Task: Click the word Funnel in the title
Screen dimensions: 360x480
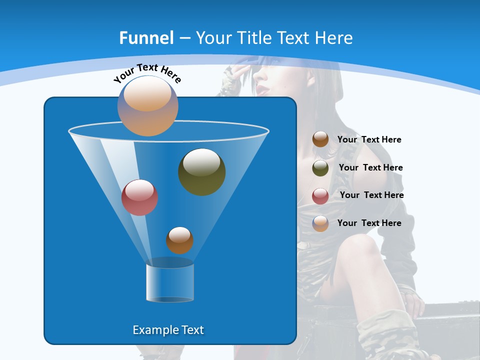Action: pos(146,38)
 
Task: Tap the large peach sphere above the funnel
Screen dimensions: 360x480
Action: pos(148,105)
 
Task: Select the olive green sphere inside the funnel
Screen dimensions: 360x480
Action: pos(202,172)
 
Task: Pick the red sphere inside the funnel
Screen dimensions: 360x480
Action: pos(139,197)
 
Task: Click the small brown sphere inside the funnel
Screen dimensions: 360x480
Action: pos(179,240)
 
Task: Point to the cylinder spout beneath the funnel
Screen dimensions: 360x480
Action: pos(170,282)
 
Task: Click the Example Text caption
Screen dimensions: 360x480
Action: pos(168,330)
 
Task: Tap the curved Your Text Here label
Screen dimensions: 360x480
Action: pos(147,73)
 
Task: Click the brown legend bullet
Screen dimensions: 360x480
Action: pos(320,139)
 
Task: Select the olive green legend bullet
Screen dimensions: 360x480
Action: pos(320,168)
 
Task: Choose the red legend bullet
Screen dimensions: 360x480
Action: pos(320,196)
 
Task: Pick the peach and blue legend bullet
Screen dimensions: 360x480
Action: pos(320,223)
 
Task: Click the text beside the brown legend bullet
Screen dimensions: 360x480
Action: pos(369,140)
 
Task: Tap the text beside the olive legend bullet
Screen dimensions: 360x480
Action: pos(370,168)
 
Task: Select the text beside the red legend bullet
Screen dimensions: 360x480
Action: pos(371,195)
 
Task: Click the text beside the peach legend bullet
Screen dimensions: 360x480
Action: pos(369,223)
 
